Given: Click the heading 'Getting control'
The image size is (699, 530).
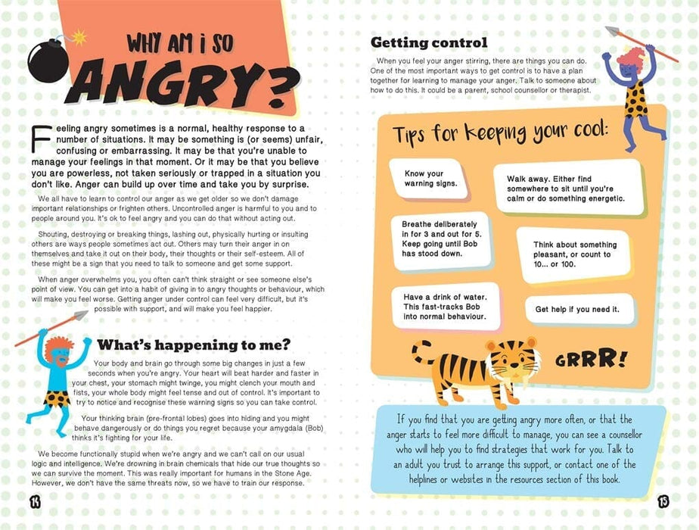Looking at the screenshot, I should click(428, 42).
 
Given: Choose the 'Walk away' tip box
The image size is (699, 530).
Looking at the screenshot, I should click(566, 189).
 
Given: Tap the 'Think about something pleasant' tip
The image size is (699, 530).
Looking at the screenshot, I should click(576, 255).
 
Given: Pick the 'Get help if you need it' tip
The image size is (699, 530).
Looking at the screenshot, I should click(576, 309).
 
